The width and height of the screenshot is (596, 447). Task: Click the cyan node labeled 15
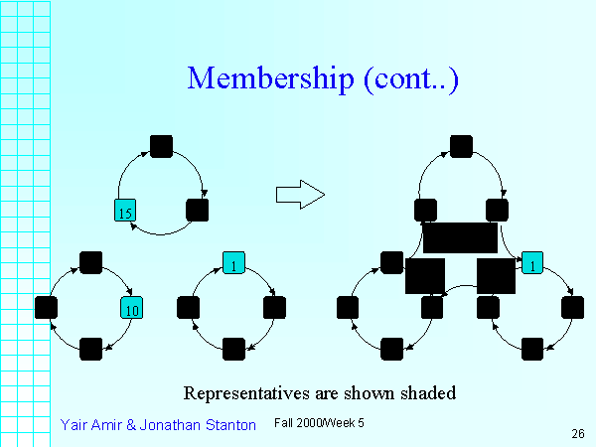(x=124, y=211)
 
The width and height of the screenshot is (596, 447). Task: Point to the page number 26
(x=578, y=433)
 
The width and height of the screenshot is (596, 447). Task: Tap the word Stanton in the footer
(x=229, y=424)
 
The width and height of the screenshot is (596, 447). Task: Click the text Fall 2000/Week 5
(x=319, y=423)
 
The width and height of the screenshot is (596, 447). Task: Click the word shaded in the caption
(x=428, y=392)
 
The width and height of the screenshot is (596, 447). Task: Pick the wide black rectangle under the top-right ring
(x=460, y=237)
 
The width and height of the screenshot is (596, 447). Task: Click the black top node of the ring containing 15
(x=161, y=147)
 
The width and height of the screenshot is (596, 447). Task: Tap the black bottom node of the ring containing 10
(x=90, y=349)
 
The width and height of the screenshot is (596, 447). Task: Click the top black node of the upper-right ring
(x=460, y=147)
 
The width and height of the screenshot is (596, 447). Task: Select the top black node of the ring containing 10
(x=90, y=263)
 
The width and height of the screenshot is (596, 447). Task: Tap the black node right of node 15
(x=197, y=211)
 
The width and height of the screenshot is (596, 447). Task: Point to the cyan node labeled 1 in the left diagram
(x=233, y=263)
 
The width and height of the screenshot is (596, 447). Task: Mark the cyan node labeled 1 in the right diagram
(x=532, y=264)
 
